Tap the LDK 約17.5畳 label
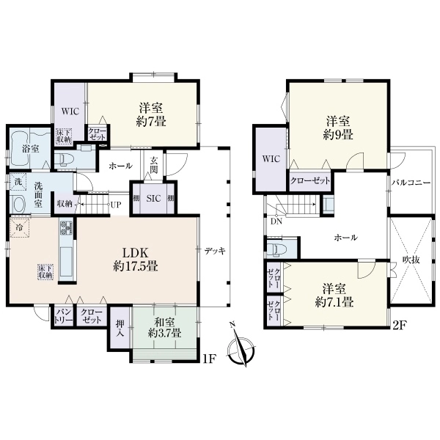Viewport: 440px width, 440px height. pyautogui.click(x=135, y=260)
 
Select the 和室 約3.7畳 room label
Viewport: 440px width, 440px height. pyautogui.click(x=165, y=328)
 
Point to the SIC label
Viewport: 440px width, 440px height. pyautogui.click(x=154, y=199)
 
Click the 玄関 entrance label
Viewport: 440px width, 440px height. pyautogui.click(x=153, y=165)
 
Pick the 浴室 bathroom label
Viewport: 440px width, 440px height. pyautogui.click(x=31, y=149)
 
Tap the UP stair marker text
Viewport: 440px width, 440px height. pyautogui.click(x=116, y=205)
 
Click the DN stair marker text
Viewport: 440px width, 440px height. pyautogui.click(x=276, y=221)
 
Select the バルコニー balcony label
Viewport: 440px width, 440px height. pyautogui.click(x=411, y=183)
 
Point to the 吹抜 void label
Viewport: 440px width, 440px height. pyautogui.click(x=411, y=260)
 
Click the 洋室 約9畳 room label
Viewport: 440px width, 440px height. pyautogui.click(x=338, y=129)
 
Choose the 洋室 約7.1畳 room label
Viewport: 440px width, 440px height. pyautogui.click(x=334, y=296)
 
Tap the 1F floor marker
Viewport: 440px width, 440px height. pyautogui.click(x=209, y=359)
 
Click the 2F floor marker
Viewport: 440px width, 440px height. pyautogui.click(x=398, y=326)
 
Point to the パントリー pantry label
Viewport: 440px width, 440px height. pyautogui.click(x=63, y=317)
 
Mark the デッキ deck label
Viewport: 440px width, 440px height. pyautogui.click(x=215, y=251)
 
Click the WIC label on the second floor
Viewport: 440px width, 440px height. pyautogui.click(x=271, y=159)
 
